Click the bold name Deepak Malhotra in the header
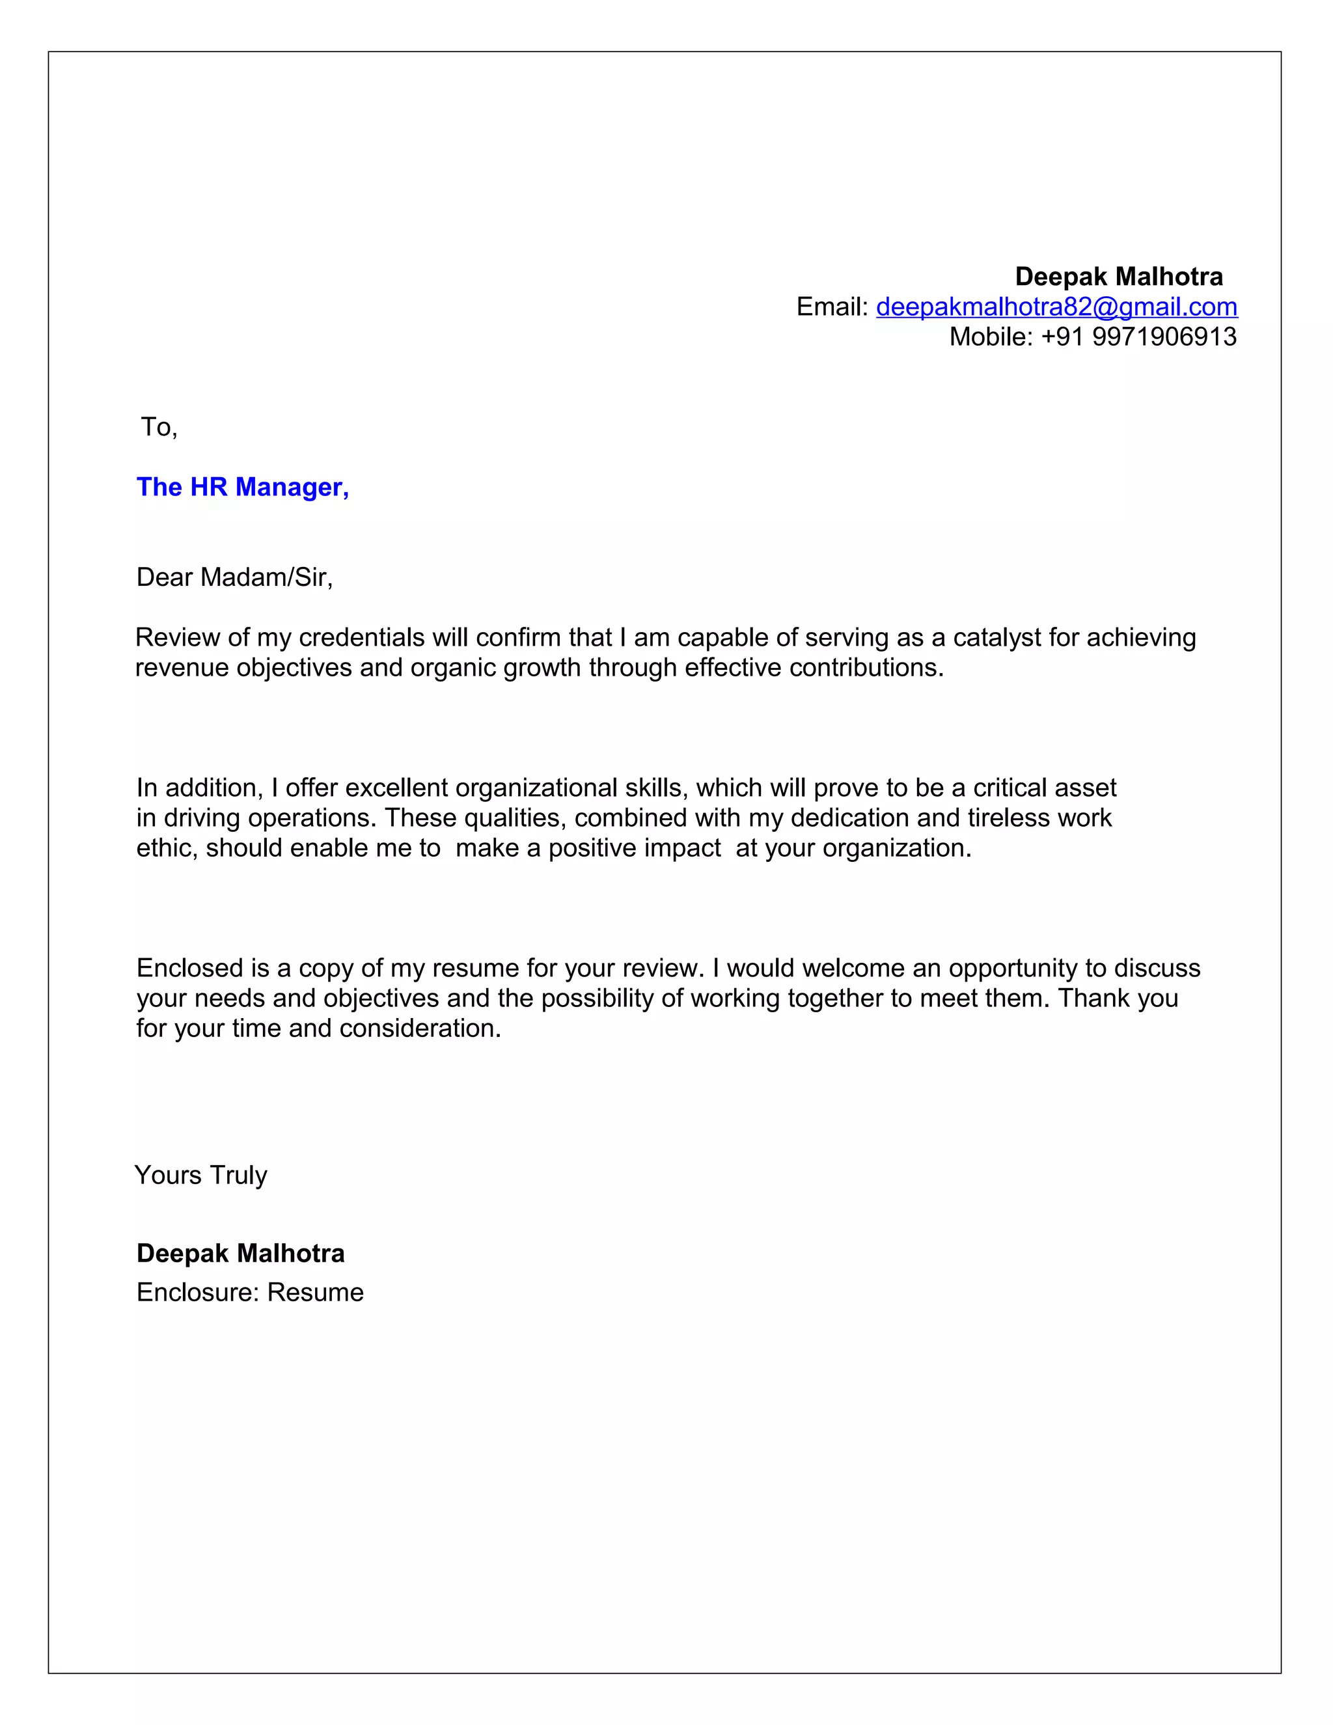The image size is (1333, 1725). (1118, 277)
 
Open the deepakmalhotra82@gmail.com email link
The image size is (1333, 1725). (1056, 307)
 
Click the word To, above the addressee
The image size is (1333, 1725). (159, 426)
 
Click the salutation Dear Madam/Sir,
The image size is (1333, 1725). (234, 577)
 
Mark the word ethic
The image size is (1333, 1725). (166, 848)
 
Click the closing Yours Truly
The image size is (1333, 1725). (200, 1174)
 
